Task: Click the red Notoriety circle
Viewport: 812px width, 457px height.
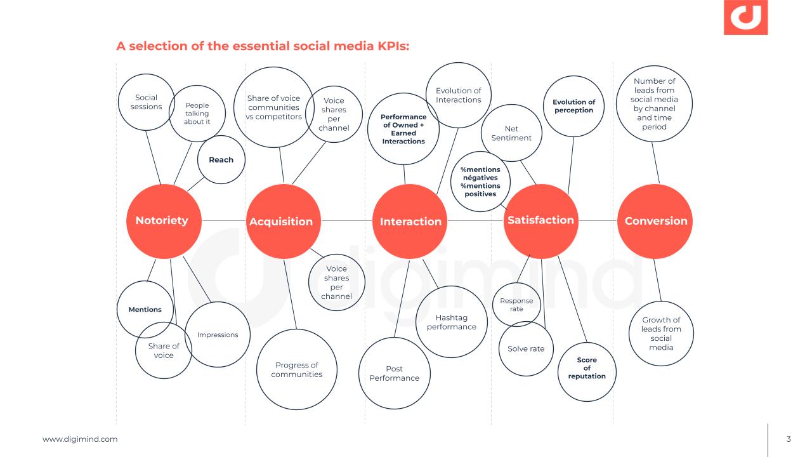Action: (163, 221)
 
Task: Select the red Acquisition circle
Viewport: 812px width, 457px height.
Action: (283, 222)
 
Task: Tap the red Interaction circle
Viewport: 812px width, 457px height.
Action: (410, 222)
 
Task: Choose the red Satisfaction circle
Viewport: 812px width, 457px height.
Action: (541, 221)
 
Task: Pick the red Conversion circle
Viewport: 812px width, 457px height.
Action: (656, 221)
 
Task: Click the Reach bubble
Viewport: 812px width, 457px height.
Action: (221, 159)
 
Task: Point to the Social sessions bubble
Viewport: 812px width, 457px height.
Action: (147, 102)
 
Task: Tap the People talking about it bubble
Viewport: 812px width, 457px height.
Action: (197, 114)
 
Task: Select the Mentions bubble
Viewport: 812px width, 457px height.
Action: (145, 309)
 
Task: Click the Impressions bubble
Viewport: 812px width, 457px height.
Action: (218, 334)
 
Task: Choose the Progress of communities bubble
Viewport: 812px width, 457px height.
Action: (296, 369)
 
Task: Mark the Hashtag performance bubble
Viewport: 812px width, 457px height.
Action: (451, 322)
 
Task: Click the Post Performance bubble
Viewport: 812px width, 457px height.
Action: (394, 373)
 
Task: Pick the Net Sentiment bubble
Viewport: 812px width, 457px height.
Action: (511, 133)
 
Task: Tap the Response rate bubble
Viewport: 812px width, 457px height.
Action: (516, 305)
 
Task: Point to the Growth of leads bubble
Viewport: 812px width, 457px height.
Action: (661, 333)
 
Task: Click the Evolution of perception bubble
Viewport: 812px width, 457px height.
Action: (573, 106)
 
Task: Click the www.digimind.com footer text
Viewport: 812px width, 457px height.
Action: (80, 439)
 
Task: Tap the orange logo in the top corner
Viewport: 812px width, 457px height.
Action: (745, 17)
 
